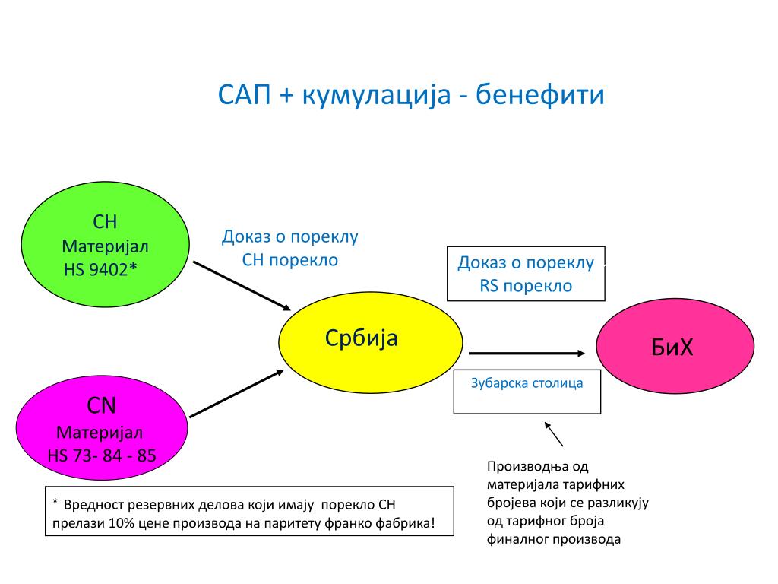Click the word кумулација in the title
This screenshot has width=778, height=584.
click(x=376, y=97)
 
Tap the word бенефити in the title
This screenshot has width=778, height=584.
click(x=541, y=97)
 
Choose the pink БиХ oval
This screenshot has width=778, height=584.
click(x=675, y=347)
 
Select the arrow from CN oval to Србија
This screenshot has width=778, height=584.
click(x=236, y=394)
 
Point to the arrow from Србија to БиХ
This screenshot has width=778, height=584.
click(x=527, y=353)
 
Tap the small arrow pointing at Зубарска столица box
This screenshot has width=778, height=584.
click(x=555, y=434)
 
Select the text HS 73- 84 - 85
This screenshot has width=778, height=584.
click(x=101, y=455)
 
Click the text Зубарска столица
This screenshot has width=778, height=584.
click(x=527, y=383)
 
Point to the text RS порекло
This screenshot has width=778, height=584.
click(x=526, y=286)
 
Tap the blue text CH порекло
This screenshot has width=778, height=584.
click(x=289, y=260)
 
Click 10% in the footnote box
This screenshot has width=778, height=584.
click(x=122, y=524)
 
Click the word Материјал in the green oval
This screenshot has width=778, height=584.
click(x=105, y=247)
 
